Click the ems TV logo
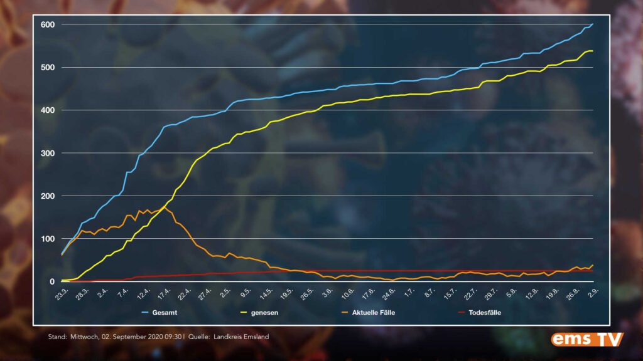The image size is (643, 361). click(x=587, y=339)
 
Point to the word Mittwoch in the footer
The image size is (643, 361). click(x=85, y=337)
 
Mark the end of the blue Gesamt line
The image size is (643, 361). click(x=592, y=24)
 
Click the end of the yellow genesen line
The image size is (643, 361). click(x=592, y=51)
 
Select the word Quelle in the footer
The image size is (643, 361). click(x=201, y=337)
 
